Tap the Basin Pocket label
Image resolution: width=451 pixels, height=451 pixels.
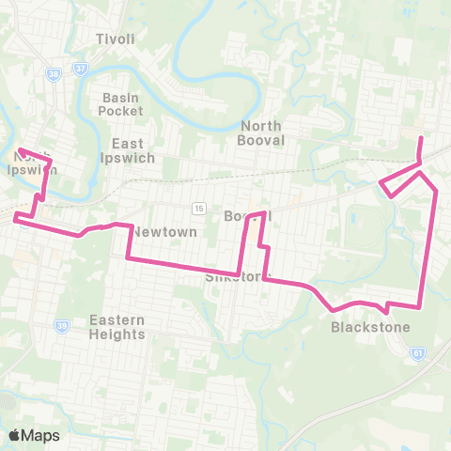click(x=120, y=103)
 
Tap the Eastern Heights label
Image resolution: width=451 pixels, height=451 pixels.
click(x=117, y=327)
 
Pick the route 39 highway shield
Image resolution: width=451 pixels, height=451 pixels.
click(x=62, y=325)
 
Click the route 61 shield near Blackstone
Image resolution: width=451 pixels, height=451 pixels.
click(x=417, y=353)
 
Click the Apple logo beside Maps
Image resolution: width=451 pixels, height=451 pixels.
click(x=14, y=435)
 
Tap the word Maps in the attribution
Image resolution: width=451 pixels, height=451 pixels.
click(x=40, y=435)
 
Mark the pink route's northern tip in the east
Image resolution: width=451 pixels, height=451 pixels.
click(x=420, y=138)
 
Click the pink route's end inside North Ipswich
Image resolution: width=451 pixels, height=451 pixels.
click(x=19, y=150)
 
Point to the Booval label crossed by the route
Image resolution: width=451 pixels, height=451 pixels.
click(x=247, y=216)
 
